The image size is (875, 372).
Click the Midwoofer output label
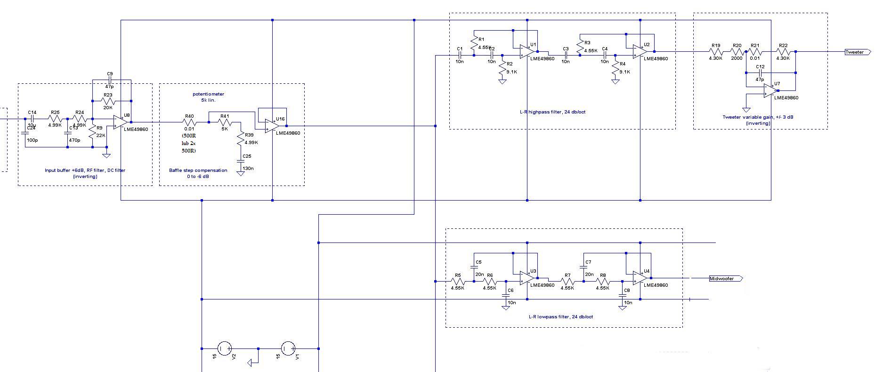tap(725, 279)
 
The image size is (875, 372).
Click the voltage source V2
tap(224, 348)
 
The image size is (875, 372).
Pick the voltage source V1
tap(288, 348)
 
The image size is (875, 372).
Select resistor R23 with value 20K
tap(108, 101)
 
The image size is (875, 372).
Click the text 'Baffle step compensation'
tap(198, 170)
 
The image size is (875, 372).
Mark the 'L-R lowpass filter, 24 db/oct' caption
tap(560, 317)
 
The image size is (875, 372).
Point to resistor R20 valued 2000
tap(737, 52)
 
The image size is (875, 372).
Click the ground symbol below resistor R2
tap(502, 81)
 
